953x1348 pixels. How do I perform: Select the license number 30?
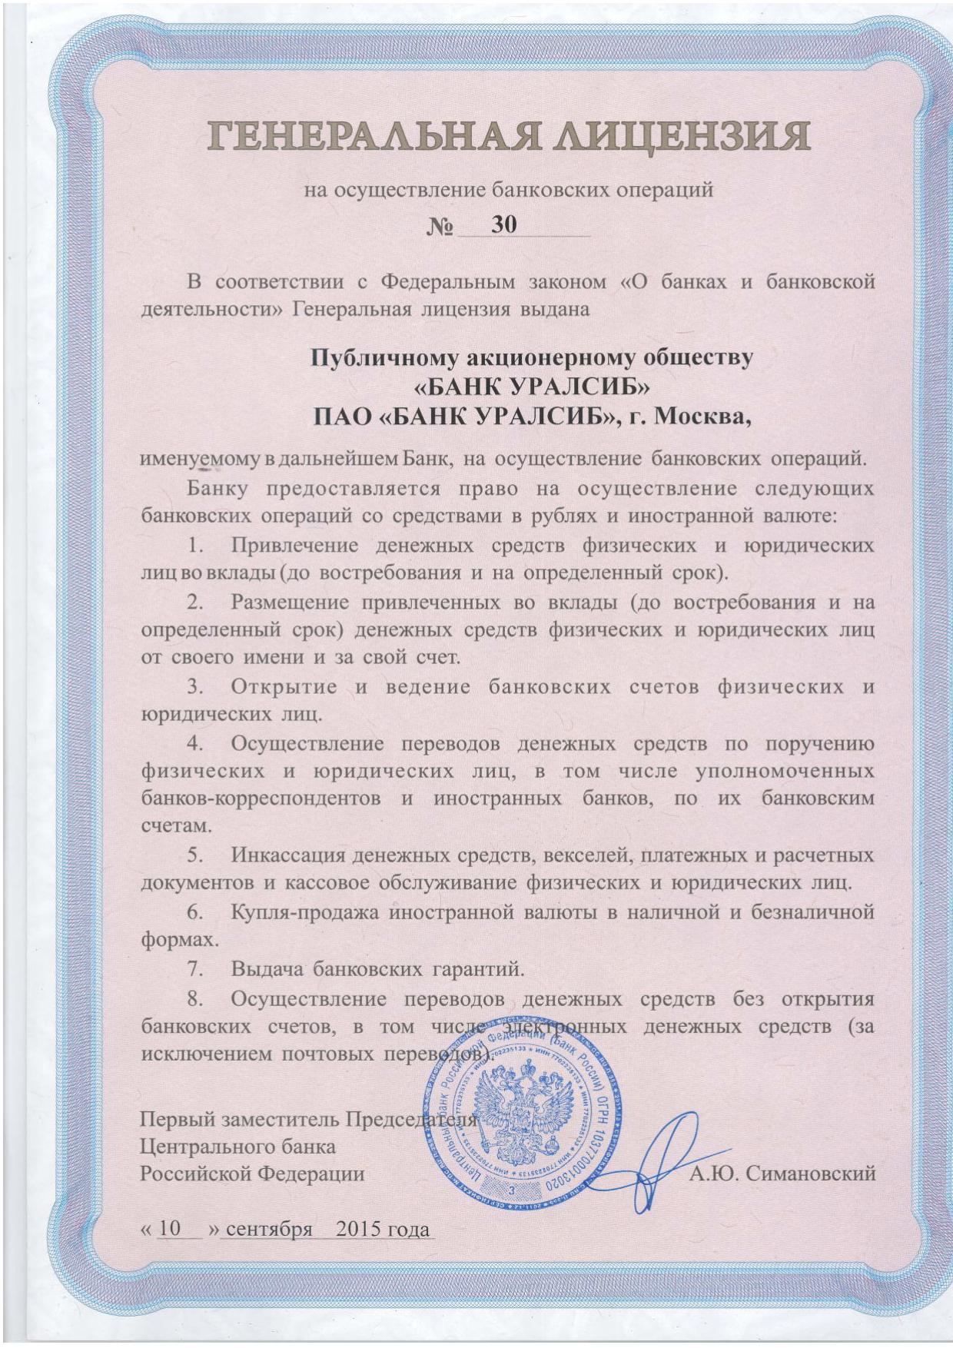pyautogui.click(x=503, y=224)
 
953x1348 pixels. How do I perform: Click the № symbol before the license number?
pyautogui.click(x=441, y=227)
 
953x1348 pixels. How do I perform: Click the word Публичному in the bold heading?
pyautogui.click(x=382, y=358)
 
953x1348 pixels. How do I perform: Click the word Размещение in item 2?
pyautogui.click(x=296, y=603)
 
